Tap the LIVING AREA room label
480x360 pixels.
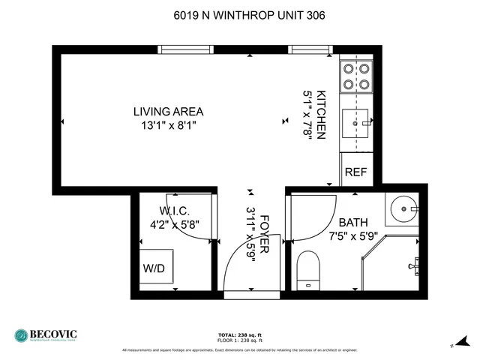click(x=168, y=112)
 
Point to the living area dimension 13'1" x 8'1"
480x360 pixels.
click(x=168, y=126)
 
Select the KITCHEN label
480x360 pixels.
click(x=322, y=115)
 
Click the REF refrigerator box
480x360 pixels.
click(x=355, y=172)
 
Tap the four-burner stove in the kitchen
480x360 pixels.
click(x=356, y=75)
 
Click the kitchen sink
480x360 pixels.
click(x=357, y=121)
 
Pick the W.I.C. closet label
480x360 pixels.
click(x=174, y=211)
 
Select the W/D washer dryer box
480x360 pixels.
click(x=155, y=268)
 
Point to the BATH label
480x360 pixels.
click(x=353, y=223)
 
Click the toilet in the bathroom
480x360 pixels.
click(x=308, y=271)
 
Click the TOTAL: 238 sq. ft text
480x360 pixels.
click(x=240, y=334)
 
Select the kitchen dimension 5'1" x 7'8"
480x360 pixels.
click(x=307, y=115)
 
